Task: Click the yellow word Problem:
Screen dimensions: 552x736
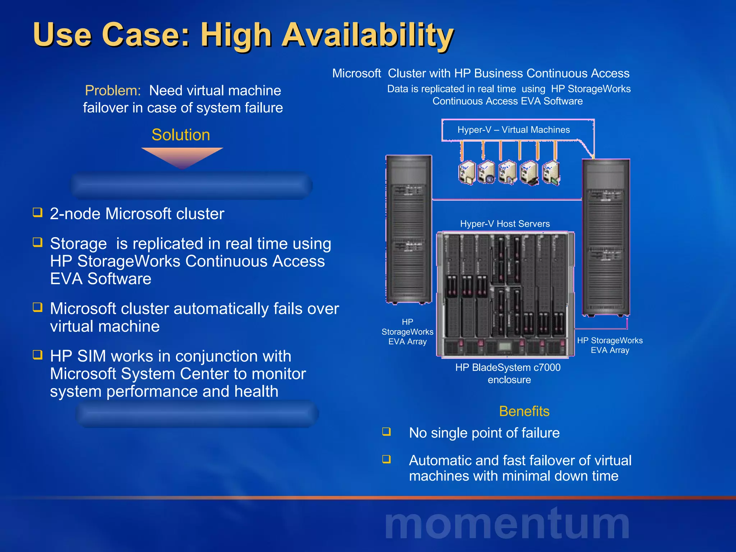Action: coord(112,91)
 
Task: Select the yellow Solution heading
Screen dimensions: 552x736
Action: coord(181,135)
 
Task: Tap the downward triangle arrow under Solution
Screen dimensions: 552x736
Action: coord(182,156)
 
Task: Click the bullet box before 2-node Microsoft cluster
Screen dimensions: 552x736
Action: coord(37,212)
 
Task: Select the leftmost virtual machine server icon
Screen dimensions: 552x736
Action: coord(466,173)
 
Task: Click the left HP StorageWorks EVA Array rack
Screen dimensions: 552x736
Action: coord(409,230)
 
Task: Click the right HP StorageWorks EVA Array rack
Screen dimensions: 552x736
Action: coord(606,237)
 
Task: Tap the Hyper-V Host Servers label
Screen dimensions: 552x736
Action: coord(505,224)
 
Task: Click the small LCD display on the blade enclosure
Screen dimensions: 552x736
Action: coord(505,347)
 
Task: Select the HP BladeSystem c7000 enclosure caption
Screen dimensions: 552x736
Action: coord(508,373)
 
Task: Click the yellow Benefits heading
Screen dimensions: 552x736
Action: coord(524,411)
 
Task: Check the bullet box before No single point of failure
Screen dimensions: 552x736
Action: coord(386,431)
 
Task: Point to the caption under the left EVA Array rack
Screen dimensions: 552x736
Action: coord(407,332)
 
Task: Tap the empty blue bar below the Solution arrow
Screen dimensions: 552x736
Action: coord(192,185)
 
